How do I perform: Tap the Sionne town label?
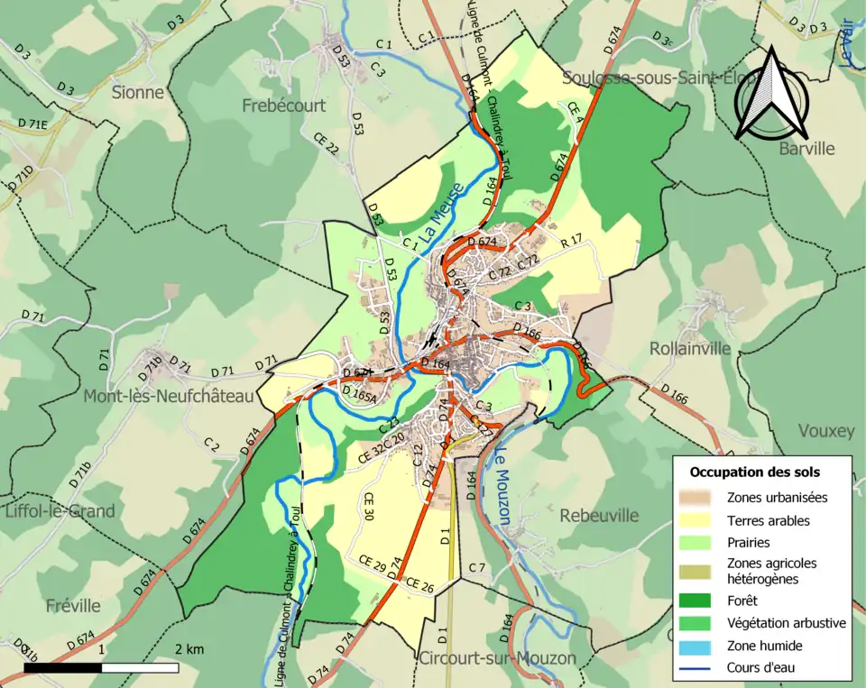pos(138,92)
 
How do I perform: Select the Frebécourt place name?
pos(283,105)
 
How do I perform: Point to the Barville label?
pos(807,149)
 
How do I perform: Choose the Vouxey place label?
pos(825,431)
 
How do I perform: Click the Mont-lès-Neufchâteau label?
pos(169,395)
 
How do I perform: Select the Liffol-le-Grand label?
pos(60,511)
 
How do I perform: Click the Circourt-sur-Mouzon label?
pos(497,658)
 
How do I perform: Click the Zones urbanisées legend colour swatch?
pos(699,497)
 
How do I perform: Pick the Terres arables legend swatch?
pos(699,520)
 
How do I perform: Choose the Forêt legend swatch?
pos(699,601)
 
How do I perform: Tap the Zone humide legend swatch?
pos(699,646)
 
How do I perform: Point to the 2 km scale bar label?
pos(189,649)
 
